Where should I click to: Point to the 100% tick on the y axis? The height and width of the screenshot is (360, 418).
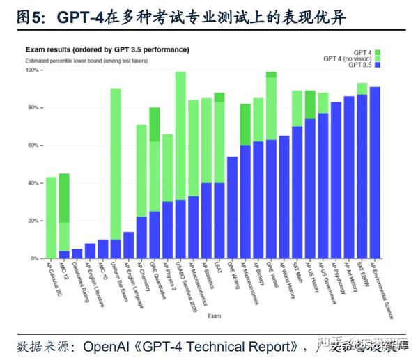(32, 70)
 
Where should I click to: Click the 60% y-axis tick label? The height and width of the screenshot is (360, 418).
(33, 146)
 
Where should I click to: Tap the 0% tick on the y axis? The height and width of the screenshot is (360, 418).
(35, 258)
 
